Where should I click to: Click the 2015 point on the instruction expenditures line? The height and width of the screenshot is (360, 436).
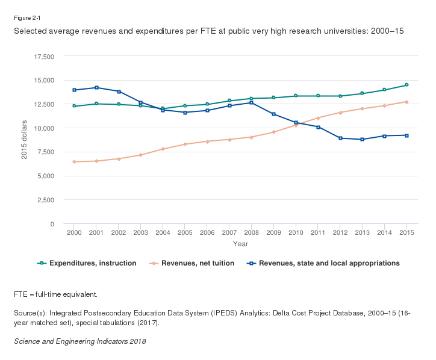pyautogui.click(x=406, y=85)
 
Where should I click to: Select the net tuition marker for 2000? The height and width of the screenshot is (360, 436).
pyautogui.click(x=74, y=161)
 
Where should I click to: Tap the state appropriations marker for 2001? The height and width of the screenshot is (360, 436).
pyautogui.click(x=96, y=87)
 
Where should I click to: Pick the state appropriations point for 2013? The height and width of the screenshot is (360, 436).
pyautogui.click(x=362, y=139)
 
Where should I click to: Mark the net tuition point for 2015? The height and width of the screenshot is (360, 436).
pyautogui.click(x=406, y=102)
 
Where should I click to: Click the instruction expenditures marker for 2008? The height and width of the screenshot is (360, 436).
pyautogui.click(x=251, y=99)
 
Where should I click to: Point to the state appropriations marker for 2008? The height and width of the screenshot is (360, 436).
pyautogui.click(x=251, y=102)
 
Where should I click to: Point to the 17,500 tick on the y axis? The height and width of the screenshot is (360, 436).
pyautogui.click(x=45, y=57)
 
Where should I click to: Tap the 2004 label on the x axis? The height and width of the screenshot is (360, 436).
pyautogui.click(x=163, y=232)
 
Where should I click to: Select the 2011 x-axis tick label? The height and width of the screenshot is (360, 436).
pyautogui.click(x=317, y=232)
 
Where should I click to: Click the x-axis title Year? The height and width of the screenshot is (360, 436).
pyautogui.click(x=240, y=244)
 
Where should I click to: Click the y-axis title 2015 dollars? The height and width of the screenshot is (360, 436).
pyautogui.click(x=25, y=140)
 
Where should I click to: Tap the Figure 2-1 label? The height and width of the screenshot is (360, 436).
pyautogui.click(x=25, y=17)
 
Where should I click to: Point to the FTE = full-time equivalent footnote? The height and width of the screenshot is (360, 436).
pyautogui.click(x=55, y=294)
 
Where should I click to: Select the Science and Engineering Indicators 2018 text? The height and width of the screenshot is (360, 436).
pyautogui.click(x=79, y=341)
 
